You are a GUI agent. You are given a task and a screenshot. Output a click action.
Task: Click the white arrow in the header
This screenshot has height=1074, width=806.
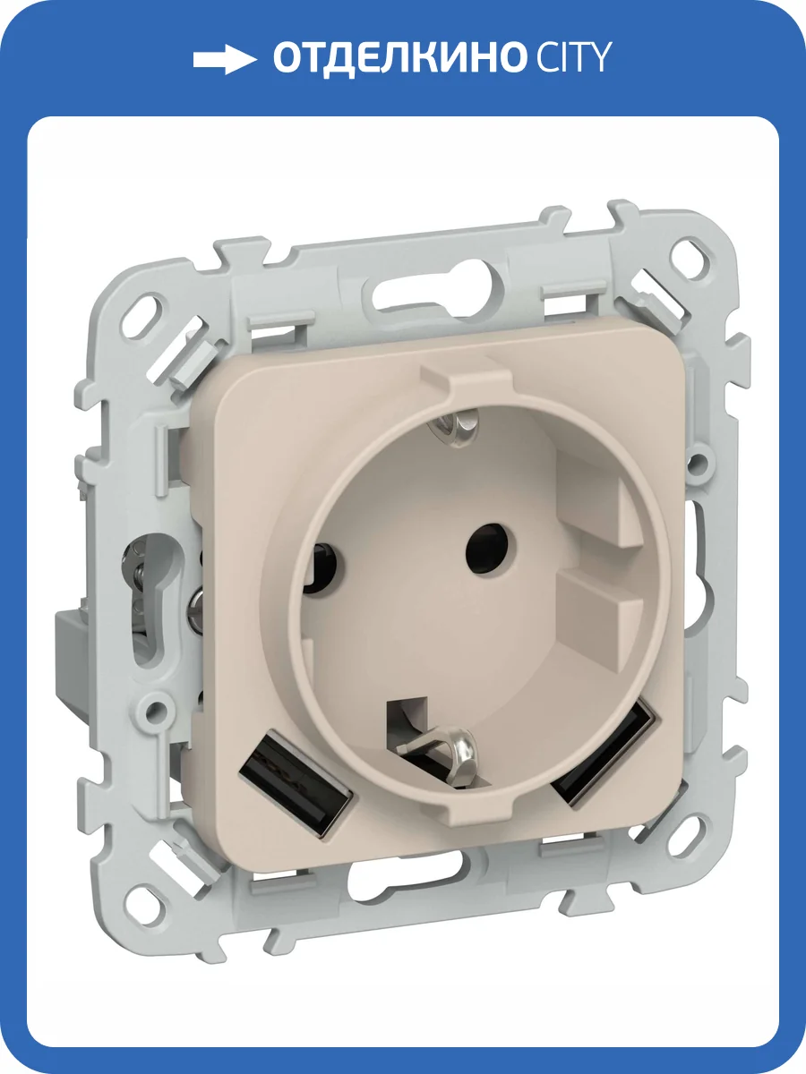225,59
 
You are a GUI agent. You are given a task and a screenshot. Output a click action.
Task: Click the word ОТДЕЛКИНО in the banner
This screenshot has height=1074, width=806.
398,59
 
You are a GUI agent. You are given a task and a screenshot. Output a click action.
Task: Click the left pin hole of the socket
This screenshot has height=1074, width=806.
325,568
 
